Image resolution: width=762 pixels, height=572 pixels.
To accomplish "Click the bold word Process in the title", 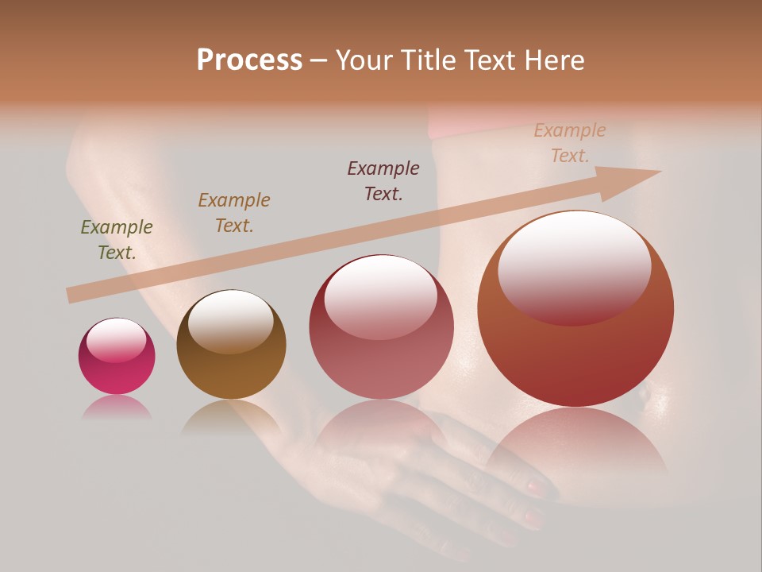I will tap(249, 60).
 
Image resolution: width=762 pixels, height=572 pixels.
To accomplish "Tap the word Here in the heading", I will tap(553, 60).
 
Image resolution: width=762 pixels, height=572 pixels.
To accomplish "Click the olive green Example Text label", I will tap(117, 240).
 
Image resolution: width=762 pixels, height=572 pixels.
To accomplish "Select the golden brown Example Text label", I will tap(234, 213).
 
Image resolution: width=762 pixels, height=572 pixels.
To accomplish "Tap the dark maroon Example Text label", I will tap(383, 180).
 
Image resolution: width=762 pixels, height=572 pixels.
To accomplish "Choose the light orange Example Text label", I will tap(570, 143).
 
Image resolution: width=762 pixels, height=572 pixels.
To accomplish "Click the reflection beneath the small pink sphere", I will tap(117, 408).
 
